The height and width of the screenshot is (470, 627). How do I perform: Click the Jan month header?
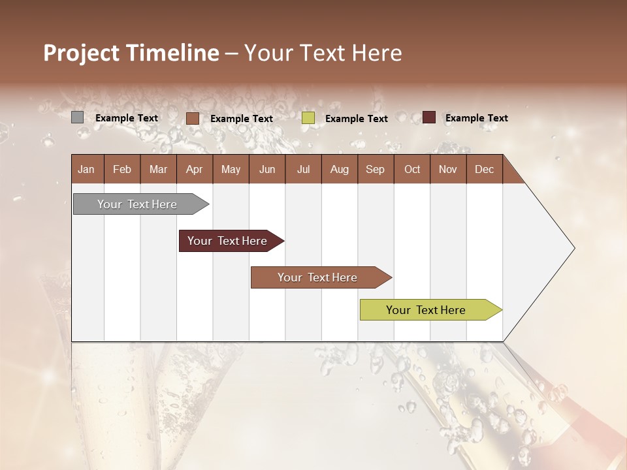coord(86,169)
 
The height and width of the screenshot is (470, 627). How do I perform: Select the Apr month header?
coord(194,169)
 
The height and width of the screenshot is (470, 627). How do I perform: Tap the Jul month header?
coord(303,169)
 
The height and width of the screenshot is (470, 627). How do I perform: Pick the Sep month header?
coord(375,169)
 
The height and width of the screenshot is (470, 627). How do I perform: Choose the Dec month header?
coord(484,169)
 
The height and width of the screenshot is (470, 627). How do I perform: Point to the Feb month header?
coord(122,169)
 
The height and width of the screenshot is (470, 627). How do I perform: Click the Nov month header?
coord(447,169)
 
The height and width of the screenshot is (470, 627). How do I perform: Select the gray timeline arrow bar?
coord(138,204)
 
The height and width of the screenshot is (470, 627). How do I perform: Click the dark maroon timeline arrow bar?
coord(228,241)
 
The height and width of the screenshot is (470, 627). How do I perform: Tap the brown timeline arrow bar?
coord(318,277)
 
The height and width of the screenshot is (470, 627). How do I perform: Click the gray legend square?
coord(77,117)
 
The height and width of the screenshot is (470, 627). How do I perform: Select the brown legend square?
coord(192,118)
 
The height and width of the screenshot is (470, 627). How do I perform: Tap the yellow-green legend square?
coord(308,118)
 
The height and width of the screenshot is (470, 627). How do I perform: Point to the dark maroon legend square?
coord(428,117)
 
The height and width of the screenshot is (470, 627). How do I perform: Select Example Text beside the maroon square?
coord(476,118)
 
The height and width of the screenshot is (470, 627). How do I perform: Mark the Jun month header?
coord(267,169)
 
